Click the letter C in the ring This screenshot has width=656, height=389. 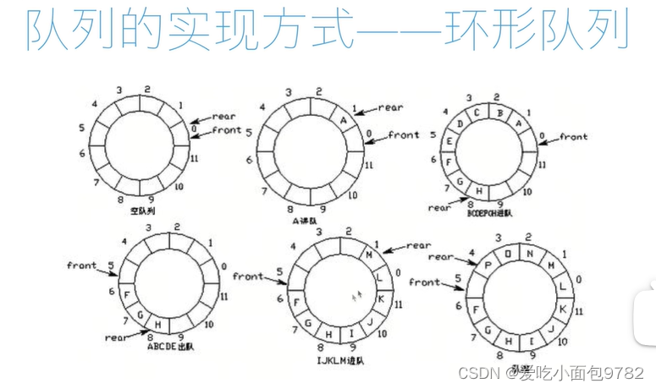[x=477, y=112]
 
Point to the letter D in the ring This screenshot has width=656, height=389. [x=460, y=124]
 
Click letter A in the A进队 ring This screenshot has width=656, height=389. [x=344, y=120]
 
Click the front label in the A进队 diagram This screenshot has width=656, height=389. [x=404, y=134]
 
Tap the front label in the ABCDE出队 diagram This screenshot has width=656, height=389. [x=82, y=266]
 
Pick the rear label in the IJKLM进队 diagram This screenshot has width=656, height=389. [x=418, y=245]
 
